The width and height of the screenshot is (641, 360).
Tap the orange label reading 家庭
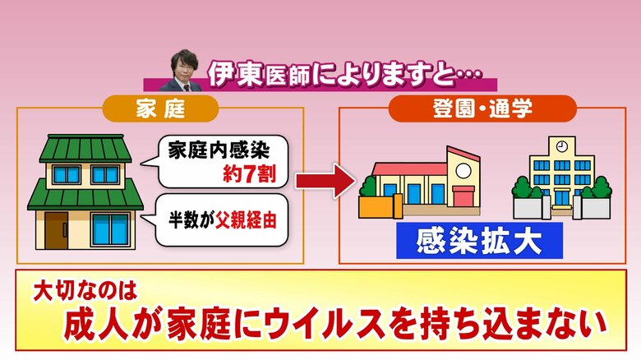coord(160,108)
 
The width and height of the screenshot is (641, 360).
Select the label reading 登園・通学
coord(482,108)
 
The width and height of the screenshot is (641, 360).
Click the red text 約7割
coord(249,174)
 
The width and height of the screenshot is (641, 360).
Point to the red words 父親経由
coord(247,219)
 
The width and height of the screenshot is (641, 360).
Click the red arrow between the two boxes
coord(325,180)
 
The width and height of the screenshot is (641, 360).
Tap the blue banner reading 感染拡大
coord(479,241)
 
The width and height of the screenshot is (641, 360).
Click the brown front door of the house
coord(56,231)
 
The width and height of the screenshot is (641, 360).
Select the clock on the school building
coord(562,146)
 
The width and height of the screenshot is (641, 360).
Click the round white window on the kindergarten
coord(463,171)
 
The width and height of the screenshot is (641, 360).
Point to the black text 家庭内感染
coord(219,150)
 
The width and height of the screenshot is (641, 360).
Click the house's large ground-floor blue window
coord(110,229)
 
